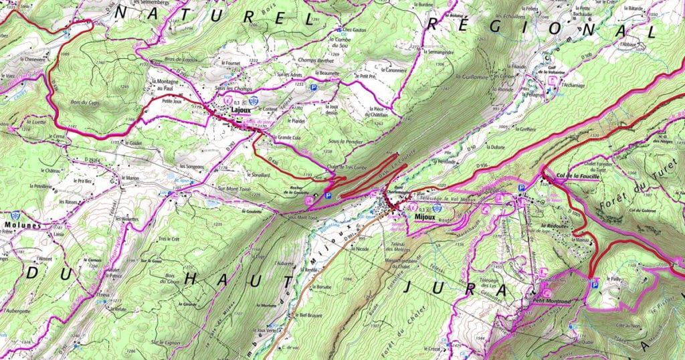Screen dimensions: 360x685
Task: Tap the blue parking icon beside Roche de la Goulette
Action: (x=327, y=195)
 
